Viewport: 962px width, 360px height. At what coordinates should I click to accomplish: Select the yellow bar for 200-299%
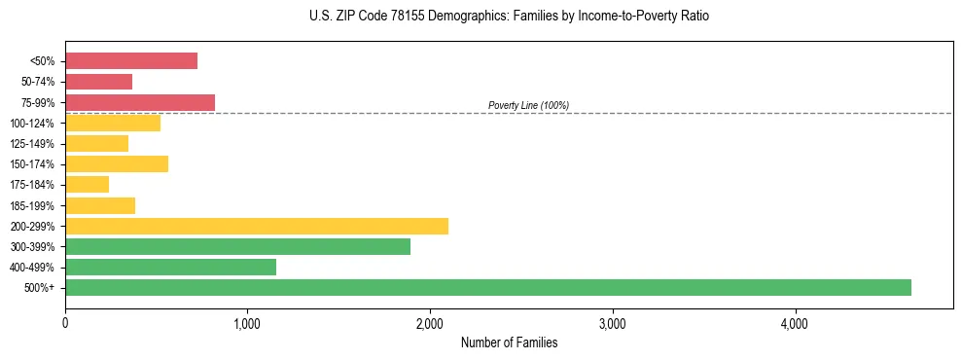click(257, 226)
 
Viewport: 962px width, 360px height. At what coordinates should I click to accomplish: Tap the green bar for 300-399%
click(237, 246)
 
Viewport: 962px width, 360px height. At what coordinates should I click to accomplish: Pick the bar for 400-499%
click(170, 267)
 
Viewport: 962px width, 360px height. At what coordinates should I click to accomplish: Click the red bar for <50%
click(131, 60)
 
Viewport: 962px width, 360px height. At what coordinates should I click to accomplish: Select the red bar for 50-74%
click(98, 82)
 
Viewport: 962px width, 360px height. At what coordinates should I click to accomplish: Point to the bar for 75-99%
click(140, 102)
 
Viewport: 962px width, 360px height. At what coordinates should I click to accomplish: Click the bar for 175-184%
click(87, 184)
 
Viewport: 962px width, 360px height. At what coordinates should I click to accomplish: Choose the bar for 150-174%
click(117, 163)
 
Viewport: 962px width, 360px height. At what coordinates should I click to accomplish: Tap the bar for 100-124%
click(113, 123)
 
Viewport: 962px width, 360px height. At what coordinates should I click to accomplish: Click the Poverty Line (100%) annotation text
click(528, 105)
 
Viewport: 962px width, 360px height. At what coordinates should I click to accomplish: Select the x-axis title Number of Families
click(509, 342)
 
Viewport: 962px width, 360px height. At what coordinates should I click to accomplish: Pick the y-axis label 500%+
click(40, 288)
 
